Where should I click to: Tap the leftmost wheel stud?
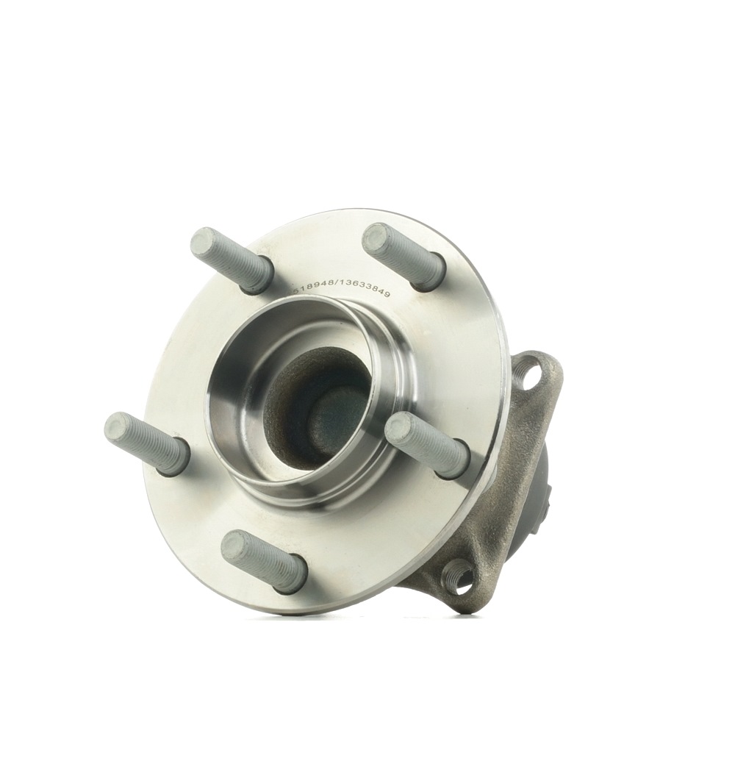click(x=147, y=443)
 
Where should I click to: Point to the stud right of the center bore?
click(x=427, y=443)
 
